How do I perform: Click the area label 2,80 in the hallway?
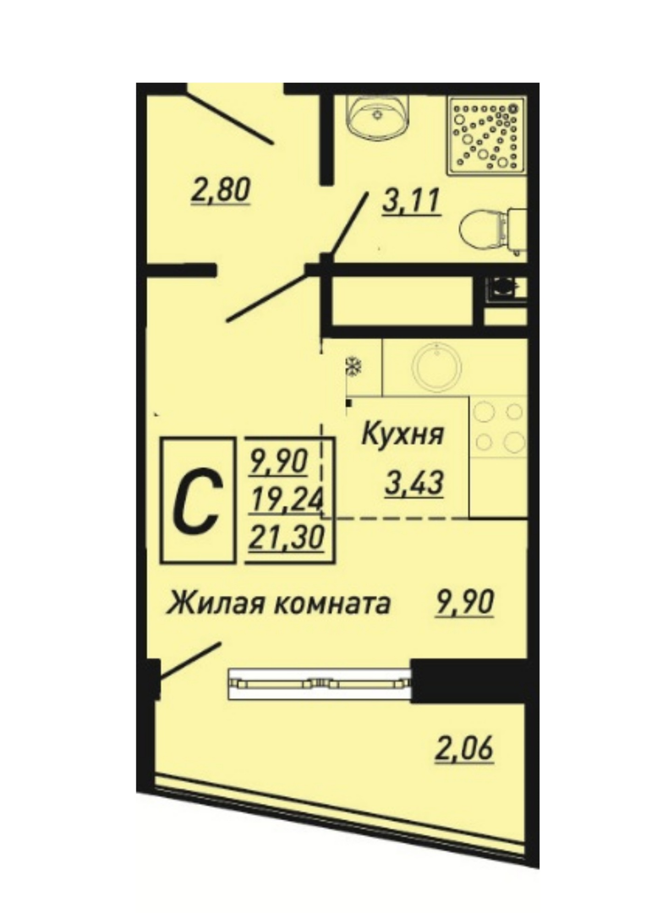point(221,190)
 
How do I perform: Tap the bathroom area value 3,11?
point(411,202)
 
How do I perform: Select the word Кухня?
point(403,435)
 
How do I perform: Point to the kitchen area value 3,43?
point(415,484)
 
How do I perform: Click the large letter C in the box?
point(199,500)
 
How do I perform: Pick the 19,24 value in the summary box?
point(286,500)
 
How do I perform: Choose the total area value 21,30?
point(286,536)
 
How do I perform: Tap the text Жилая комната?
point(278,604)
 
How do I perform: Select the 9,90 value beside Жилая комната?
point(464,602)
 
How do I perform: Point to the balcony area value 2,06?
point(464,748)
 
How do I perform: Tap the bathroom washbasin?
point(378,118)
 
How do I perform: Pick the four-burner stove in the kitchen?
point(499,428)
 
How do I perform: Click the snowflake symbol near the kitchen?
point(353,367)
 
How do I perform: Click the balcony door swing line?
point(190,660)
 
